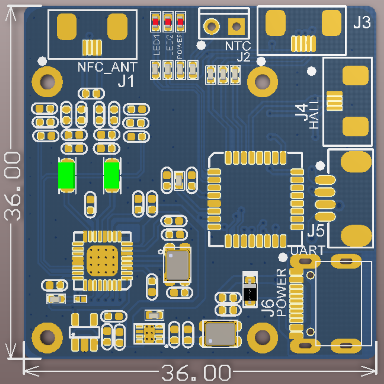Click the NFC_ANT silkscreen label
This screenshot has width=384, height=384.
[x=107, y=67]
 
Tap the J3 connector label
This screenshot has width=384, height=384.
[x=362, y=22]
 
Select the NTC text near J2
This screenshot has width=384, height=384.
[x=238, y=46]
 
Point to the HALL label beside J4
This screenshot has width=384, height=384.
[x=314, y=113]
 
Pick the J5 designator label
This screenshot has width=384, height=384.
[x=316, y=230]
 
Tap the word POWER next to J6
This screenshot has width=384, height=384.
[x=281, y=292]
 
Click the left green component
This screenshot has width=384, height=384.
[x=66, y=175]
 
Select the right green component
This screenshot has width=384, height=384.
[x=111, y=175]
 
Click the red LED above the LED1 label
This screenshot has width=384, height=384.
[x=155, y=22]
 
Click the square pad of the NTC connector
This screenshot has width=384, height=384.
[x=236, y=26]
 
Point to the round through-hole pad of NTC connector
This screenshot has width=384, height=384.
[x=211, y=26]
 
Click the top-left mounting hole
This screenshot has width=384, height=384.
[x=47, y=82]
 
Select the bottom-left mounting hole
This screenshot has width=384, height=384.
[x=47, y=337]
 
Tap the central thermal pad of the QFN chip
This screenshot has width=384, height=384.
[x=102, y=261]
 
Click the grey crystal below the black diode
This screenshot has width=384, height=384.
[x=220, y=334]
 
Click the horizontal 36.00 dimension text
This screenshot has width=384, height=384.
[x=196, y=373]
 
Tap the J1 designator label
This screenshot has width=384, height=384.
[x=126, y=82]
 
